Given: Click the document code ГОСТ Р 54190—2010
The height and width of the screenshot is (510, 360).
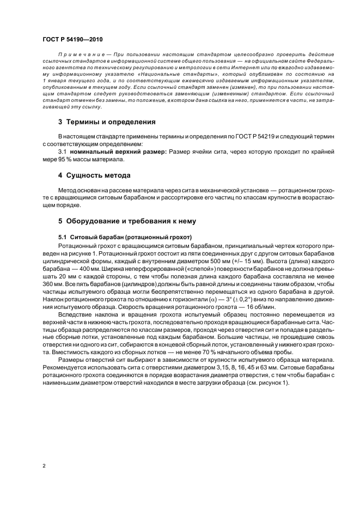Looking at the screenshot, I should click(x=72, y=40).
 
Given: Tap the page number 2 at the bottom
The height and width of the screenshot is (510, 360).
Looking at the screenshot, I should click(x=43, y=466).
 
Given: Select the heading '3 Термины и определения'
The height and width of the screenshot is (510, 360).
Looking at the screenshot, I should click(x=107, y=122).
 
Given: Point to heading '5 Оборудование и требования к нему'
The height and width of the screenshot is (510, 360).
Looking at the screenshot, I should click(x=127, y=222).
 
